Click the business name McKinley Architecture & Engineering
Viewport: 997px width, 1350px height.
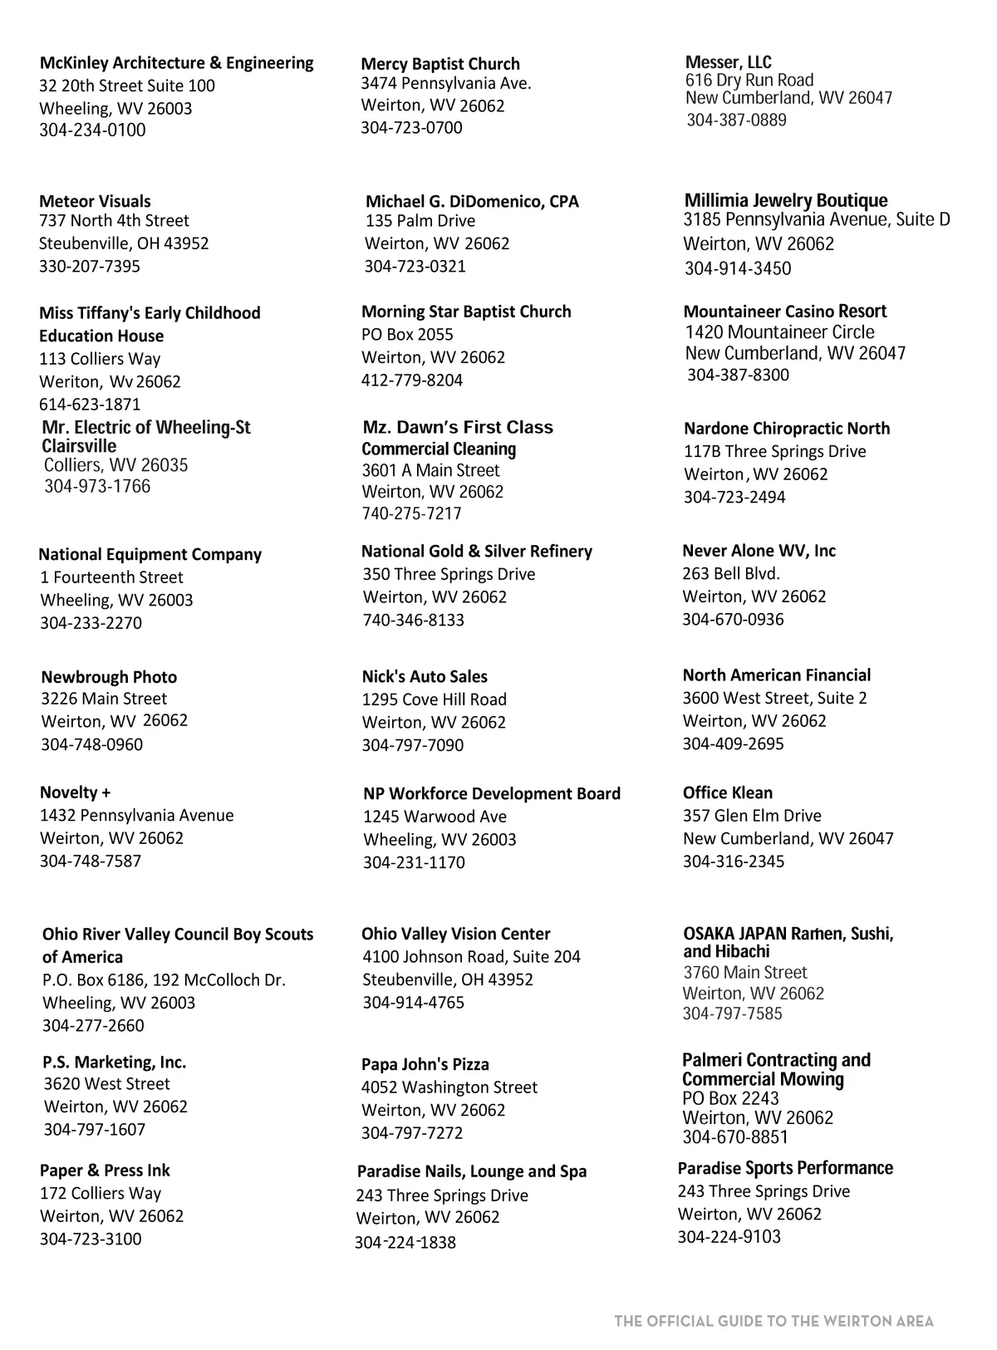coord(176,63)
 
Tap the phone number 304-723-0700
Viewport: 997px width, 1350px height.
coord(411,128)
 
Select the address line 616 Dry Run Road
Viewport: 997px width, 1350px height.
coord(749,80)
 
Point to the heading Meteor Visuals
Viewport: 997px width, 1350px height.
coord(95,201)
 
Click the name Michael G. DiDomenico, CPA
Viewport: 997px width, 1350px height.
coord(472,201)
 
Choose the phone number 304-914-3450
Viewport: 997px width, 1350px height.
coord(738,268)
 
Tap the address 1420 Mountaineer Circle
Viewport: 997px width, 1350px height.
coord(779,332)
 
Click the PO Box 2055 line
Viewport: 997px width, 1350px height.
coord(407,334)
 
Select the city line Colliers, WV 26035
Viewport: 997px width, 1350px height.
coord(115,465)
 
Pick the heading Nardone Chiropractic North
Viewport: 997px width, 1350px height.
coord(786,429)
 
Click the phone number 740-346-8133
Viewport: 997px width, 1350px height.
coord(413,620)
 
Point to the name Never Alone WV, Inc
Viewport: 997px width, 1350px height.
coord(759,551)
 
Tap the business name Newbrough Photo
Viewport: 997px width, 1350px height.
coord(109,677)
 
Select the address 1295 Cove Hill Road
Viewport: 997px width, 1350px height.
coord(434,700)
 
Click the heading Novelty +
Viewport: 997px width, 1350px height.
coord(75,793)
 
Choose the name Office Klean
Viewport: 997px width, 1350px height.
coord(727,793)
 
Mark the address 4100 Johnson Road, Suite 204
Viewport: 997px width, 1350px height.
coord(471,957)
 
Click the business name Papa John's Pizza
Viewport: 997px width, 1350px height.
coord(425,1064)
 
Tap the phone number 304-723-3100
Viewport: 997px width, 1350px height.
coord(91,1239)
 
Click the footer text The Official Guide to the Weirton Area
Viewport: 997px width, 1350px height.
coord(774,1321)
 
